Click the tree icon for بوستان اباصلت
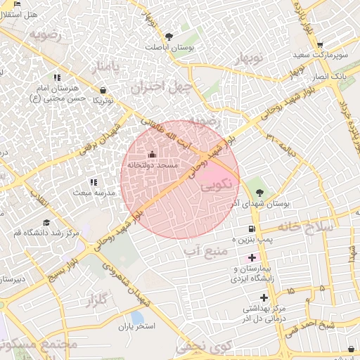(x=168, y=37)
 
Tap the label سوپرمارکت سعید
(x=323, y=54)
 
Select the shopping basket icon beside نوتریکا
(x=103, y=90)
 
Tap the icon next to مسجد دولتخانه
(x=153, y=153)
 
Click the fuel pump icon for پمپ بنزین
(x=252, y=229)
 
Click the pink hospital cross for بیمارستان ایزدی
(x=252, y=258)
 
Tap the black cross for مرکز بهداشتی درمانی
(x=264, y=297)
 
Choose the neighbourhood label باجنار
(x=107, y=67)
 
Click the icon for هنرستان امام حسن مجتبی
(x=56, y=77)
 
